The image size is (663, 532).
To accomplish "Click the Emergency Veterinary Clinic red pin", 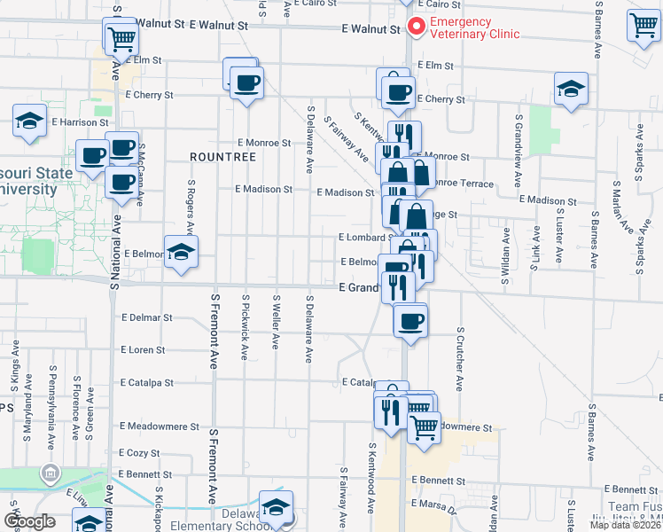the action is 414,27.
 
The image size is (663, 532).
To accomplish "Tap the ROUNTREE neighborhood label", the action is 222,157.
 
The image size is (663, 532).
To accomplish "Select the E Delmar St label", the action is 147,317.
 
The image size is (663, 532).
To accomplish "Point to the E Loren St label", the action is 143,350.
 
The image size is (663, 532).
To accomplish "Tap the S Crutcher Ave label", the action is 461,359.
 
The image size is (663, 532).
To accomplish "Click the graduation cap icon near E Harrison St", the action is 29,121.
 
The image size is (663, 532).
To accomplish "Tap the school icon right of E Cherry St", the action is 572,90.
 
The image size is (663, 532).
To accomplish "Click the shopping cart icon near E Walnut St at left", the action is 121,37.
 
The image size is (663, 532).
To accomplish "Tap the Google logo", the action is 30,521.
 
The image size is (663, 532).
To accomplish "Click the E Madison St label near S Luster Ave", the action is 548,200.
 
